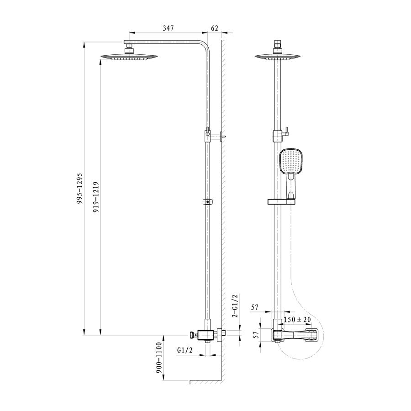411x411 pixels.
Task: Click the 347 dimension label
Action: (168, 28)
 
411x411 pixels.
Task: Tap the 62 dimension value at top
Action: (215, 28)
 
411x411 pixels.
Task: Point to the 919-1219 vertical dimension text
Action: (96, 197)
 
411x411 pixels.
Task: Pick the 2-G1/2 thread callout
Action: (235, 306)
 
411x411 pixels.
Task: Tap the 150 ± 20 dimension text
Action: (297, 320)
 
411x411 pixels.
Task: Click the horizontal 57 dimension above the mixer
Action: (255, 307)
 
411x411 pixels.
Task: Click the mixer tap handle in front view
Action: (295, 336)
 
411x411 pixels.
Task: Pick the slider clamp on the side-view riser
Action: (208, 202)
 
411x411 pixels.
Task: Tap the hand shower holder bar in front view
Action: (281, 201)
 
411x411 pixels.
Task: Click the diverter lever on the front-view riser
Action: (286, 132)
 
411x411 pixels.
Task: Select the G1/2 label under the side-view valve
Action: (185, 350)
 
